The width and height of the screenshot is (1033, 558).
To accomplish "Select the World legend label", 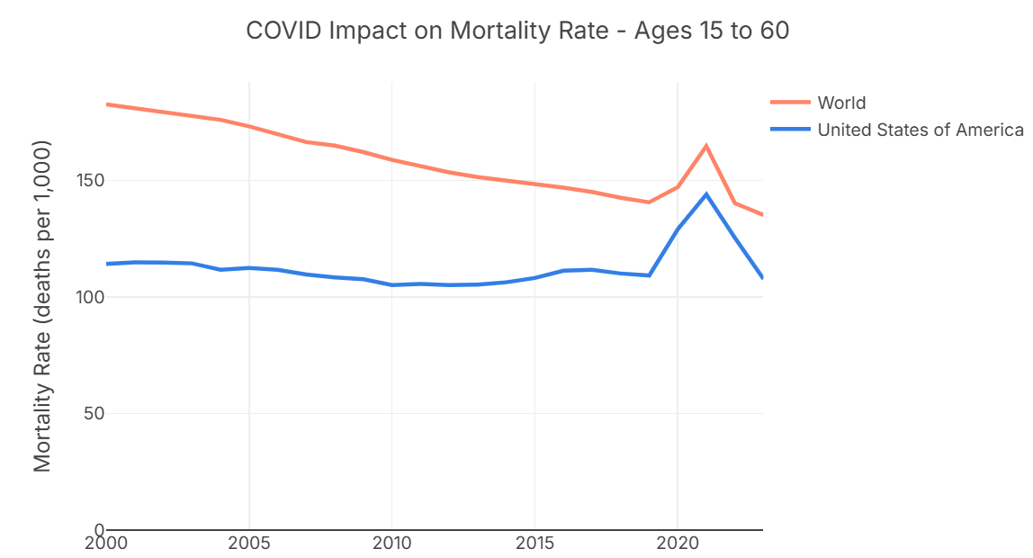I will pos(841,103).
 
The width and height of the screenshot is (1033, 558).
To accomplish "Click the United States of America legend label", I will pos(920,130).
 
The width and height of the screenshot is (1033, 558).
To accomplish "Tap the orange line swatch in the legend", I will pos(790,103).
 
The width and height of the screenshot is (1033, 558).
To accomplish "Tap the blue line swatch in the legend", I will pos(790,130).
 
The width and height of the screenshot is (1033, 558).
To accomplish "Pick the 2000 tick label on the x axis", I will pos(106,544).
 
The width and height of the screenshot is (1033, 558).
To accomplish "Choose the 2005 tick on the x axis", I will pos(248,544).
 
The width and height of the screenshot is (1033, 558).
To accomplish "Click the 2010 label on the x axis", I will pos(391,544).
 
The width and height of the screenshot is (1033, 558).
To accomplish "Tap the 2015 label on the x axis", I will pos(534,544).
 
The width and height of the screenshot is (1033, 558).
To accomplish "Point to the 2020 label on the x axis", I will pos(677,544).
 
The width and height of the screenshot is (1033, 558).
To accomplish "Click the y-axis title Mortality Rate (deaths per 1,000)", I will pos(42,306).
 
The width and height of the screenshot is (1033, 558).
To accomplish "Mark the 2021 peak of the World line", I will pos(706,146).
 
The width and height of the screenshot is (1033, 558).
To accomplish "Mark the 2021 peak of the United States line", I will pos(706,194).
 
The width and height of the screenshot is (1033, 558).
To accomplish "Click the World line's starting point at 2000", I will pos(107,104).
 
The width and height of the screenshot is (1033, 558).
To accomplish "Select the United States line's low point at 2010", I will pos(391,285).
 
